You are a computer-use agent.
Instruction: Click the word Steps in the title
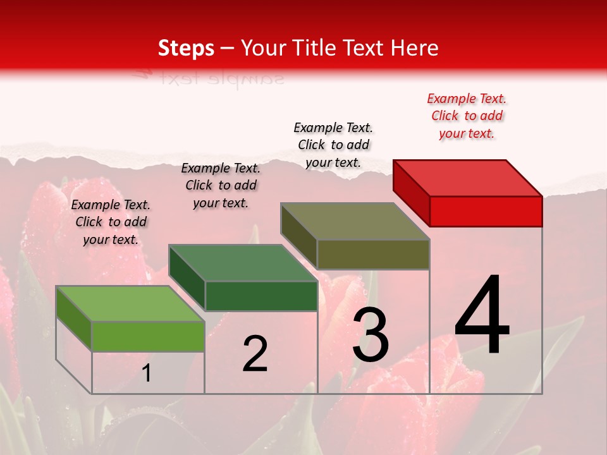186,48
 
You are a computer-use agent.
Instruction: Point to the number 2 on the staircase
255,354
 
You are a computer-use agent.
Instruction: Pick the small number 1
147,373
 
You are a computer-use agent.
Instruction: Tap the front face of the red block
486,211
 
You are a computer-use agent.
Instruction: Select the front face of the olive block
373,254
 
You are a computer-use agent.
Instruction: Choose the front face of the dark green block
261,296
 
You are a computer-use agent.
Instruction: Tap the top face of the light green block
130,304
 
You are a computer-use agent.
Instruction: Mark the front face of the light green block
148,336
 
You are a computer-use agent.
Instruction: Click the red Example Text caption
467,116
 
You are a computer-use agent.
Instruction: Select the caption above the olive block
333,145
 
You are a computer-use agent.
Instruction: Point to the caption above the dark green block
221,185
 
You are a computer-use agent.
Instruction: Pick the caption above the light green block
111,222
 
